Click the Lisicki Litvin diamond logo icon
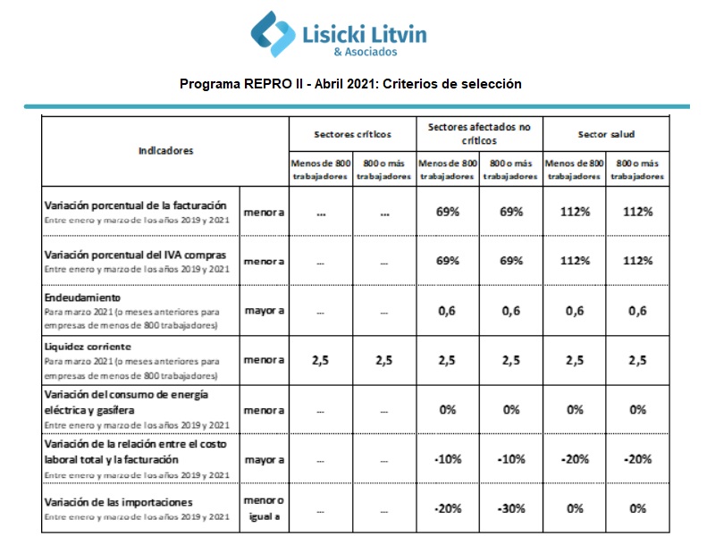[x=273, y=34]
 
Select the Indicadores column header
[x=166, y=151]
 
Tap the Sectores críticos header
[x=352, y=135]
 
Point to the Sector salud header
[x=606, y=135]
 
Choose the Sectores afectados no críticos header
[x=479, y=134]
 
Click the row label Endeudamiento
[x=82, y=297]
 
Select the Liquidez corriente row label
[x=88, y=347]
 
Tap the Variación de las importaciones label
[x=119, y=502]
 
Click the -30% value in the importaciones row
[x=511, y=508]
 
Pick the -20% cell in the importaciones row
[x=448, y=508]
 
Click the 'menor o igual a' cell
[x=264, y=508]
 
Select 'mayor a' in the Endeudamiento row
[x=265, y=311]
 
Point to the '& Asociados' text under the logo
[x=366, y=52]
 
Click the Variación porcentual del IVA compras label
[x=136, y=255]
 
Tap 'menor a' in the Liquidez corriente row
[x=264, y=360]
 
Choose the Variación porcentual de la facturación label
[x=136, y=205]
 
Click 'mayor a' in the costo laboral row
[x=265, y=460]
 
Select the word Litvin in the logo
[x=399, y=35]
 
